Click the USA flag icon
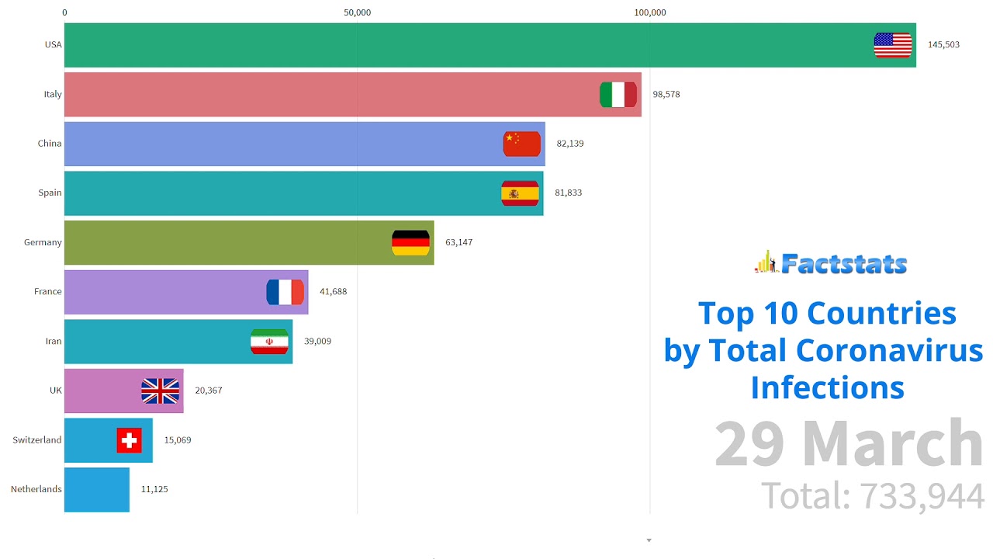coord(893,45)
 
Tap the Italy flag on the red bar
coord(618,95)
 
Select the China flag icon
coord(521,144)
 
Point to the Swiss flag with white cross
coord(130,440)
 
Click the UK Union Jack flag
coord(161,391)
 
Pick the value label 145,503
coord(943,45)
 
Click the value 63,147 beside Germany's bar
coord(458,242)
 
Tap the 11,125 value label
coord(154,489)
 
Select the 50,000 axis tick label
coord(357,12)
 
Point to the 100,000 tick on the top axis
coord(650,12)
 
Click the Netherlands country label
coord(36,489)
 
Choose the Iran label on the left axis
coord(53,341)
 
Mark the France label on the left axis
coord(47,291)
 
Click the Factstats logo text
coord(843,264)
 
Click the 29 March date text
coord(849,444)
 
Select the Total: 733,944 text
coord(872,496)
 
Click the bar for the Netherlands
coord(96,489)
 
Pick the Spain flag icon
coord(520,193)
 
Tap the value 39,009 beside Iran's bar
coord(317,341)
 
